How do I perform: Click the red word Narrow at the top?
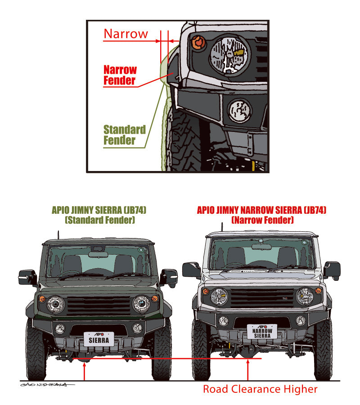(126, 34)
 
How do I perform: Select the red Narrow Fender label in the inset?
(120, 75)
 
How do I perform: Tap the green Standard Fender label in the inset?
(124, 135)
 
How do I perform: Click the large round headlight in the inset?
(229, 56)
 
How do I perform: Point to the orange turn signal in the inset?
(198, 43)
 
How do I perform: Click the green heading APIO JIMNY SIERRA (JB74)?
(99, 210)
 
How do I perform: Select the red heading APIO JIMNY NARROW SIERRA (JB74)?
(261, 210)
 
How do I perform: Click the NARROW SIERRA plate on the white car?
(262, 332)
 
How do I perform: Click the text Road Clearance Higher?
(260, 389)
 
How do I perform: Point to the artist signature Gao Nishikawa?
(43, 384)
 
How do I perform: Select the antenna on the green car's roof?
(58, 235)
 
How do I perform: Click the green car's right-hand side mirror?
(169, 276)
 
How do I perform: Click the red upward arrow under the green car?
(84, 371)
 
